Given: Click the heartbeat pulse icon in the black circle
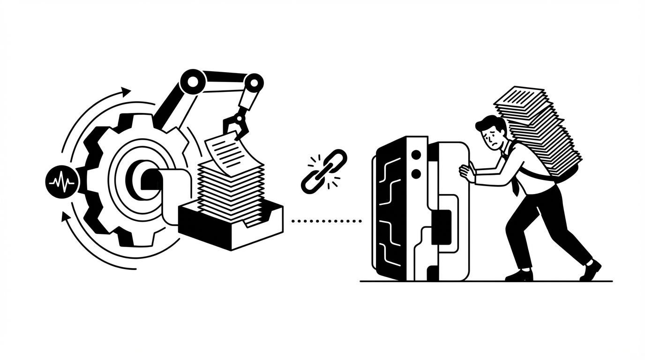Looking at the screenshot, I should (61, 181).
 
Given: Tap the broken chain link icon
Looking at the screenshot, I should (323, 171).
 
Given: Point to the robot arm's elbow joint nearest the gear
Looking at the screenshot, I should (193, 82).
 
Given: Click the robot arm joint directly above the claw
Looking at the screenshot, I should (253, 83).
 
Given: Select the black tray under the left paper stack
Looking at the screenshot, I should (230, 230).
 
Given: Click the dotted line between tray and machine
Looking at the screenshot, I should (326, 220).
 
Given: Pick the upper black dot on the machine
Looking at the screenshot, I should (415, 155).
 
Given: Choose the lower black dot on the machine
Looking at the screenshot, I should (415, 174).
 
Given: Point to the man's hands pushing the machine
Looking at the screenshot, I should (467, 172).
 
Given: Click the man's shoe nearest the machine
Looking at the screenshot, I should (519, 275).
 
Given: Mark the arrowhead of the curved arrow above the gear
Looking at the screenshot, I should (126, 91).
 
